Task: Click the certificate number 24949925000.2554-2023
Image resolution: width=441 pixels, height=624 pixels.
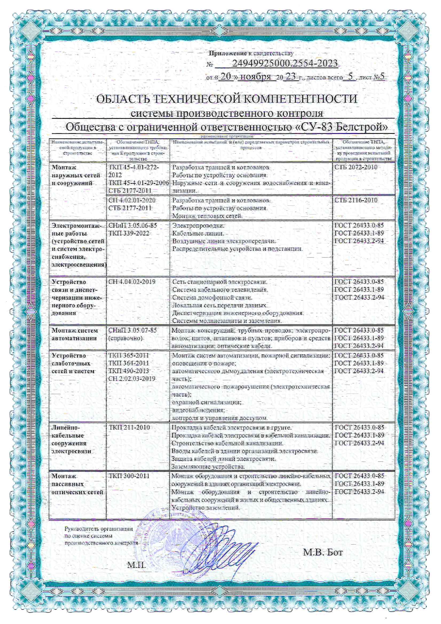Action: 285,64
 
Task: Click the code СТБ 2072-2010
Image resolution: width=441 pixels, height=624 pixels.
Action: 356,167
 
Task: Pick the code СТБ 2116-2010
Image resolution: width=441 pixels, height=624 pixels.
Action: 356,200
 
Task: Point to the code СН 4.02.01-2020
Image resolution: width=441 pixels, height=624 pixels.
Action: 132,200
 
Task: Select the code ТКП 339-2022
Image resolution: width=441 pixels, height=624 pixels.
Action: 129,233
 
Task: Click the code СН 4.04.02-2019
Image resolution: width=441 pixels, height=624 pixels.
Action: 132,282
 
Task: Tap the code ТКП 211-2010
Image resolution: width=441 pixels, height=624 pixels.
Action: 129,428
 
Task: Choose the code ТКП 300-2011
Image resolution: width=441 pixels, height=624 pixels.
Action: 129,476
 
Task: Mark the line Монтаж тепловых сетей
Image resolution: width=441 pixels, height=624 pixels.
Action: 207,216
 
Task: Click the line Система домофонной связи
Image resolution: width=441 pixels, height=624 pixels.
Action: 212,297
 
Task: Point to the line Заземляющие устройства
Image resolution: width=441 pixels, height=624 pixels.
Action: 208,466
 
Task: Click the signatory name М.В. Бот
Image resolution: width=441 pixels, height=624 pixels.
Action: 323,552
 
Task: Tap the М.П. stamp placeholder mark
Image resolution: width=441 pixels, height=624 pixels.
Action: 137,565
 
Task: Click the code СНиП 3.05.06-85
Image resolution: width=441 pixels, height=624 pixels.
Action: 132,226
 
